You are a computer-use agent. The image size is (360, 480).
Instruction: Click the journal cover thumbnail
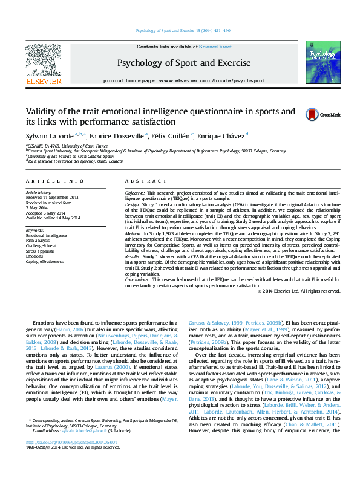pos(319,62)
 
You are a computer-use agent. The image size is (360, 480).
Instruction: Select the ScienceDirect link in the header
pos(215,47)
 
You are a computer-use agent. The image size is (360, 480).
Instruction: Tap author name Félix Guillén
pos(173,135)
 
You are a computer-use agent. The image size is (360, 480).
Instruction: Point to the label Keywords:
pos(36,230)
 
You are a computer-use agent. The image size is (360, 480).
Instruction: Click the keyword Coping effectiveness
pos(45,262)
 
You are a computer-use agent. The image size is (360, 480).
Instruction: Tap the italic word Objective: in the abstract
pos(136,192)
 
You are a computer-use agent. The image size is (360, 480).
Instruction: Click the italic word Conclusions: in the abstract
pos(139,280)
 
